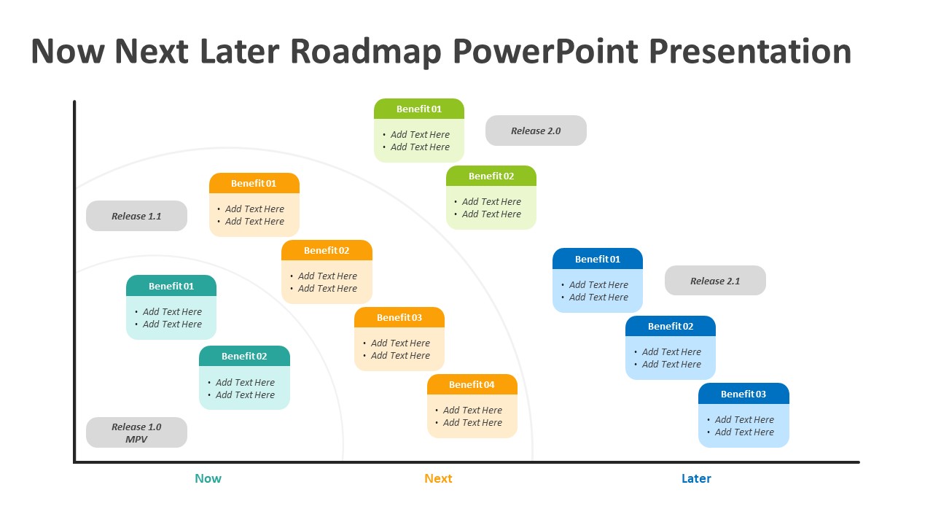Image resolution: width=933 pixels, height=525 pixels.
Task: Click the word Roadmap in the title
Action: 365,52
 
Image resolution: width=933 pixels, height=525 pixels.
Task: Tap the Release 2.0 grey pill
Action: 536,131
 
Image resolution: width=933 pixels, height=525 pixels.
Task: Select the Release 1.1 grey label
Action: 136,216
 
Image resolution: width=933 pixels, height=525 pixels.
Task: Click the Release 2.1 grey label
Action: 715,281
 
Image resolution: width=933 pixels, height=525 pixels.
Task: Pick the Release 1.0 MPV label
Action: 136,432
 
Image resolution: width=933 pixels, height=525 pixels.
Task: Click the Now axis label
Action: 208,478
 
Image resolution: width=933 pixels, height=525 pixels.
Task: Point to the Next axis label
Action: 438,478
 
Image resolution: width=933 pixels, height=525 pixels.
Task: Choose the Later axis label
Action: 696,478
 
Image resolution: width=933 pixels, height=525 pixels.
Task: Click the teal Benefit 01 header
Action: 171,286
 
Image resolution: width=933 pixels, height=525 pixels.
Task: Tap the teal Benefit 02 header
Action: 244,356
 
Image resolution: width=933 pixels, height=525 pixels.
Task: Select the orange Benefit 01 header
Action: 254,183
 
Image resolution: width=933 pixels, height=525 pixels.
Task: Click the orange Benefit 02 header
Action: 327,250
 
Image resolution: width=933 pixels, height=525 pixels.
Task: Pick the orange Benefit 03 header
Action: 399,317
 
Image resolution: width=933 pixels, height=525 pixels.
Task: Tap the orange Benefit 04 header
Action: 472,384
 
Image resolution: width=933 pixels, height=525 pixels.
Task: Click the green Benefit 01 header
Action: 419,109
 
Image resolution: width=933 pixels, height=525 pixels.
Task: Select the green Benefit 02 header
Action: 491,176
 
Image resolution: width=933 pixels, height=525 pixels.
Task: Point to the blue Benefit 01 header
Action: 598,259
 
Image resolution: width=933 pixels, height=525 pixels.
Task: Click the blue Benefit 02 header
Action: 671,326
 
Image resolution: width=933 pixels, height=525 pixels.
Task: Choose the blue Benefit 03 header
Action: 743,394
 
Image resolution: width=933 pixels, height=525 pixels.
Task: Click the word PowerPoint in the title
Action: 545,52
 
